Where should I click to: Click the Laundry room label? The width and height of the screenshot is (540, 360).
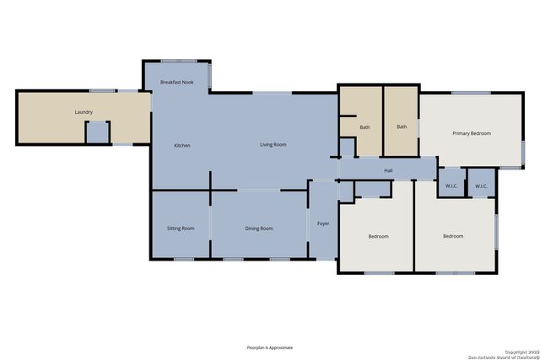click(x=84, y=112)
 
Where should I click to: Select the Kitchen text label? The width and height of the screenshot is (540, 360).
click(x=182, y=146)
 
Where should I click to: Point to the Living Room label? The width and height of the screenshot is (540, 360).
click(x=273, y=145)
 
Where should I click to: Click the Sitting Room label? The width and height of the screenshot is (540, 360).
click(x=181, y=228)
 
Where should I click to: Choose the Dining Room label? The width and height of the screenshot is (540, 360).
click(x=259, y=228)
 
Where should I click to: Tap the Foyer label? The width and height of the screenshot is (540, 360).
click(x=323, y=223)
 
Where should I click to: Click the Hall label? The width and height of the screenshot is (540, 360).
click(x=388, y=171)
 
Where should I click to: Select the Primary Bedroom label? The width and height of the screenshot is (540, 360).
click(x=471, y=133)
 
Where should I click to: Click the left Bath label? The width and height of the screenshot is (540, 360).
click(x=364, y=127)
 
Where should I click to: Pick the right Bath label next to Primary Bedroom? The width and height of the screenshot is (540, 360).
click(x=402, y=127)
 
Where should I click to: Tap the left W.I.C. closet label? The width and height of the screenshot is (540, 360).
click(x=451, y=186)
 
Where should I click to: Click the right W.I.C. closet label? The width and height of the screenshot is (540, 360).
click(x=481, y=186)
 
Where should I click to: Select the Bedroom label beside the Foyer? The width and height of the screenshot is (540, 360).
click(x=379, y=236)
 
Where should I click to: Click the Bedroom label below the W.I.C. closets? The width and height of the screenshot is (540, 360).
click(x=453, y=236)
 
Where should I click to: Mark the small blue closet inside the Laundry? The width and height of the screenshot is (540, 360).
click(x=98, y=132)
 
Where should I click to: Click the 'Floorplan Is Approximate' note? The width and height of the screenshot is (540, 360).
click(x=270, y=347)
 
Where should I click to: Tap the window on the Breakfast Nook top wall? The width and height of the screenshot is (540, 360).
click(x=179, y=61)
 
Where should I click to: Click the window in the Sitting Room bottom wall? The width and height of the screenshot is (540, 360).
click(x=184, y=259)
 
